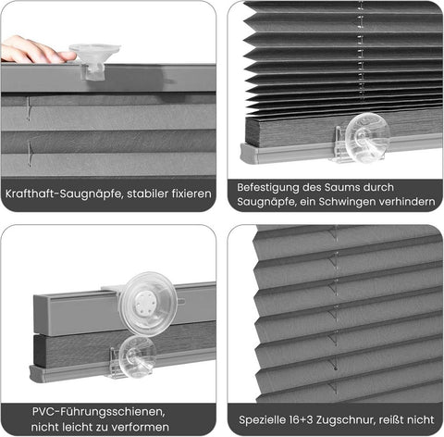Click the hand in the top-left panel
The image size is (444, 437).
point(32,49)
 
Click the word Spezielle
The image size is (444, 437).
point(266,418)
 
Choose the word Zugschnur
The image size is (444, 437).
point(362,418)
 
